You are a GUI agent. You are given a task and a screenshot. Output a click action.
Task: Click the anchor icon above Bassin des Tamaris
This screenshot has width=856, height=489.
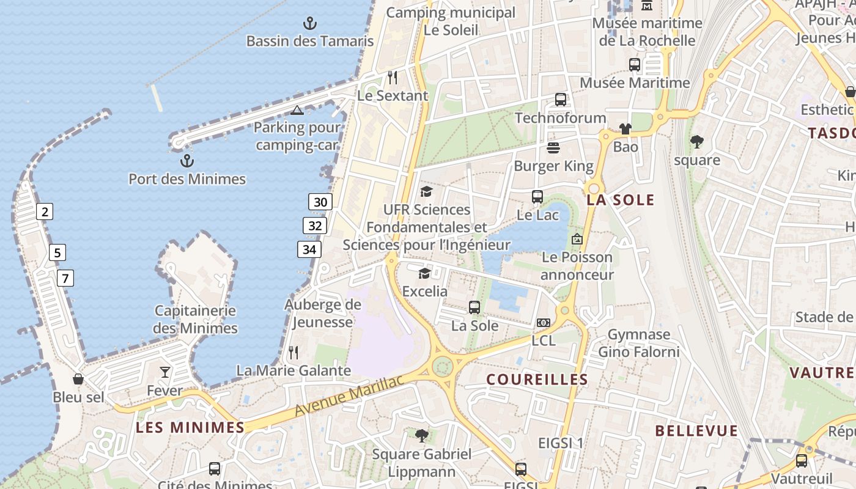coord(310,24)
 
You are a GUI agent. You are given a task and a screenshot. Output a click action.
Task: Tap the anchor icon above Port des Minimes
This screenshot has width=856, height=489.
coord(187,161)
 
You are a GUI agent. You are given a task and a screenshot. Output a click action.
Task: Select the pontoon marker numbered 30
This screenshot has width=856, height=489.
coord(320,202)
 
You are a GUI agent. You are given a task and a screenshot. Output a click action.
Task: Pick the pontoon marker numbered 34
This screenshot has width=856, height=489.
coord(309,249)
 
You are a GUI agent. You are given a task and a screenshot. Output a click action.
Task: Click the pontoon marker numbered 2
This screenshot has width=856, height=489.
coord(44,212)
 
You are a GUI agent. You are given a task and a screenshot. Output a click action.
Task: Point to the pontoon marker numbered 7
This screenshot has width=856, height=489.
coord(65,278)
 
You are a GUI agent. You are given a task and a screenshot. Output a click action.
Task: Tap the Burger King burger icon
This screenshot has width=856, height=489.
coord(553,148)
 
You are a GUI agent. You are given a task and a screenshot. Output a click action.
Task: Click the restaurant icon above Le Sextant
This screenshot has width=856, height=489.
coord(393,78)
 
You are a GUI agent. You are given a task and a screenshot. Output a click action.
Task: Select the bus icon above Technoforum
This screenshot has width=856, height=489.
coord(560,100)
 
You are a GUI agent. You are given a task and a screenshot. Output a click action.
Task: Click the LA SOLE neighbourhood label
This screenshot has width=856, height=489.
coord(620,200)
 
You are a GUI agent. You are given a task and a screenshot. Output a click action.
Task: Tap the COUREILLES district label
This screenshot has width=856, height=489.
coord(537,380)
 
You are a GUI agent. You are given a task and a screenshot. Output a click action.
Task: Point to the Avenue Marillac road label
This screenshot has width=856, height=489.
coord(349,396)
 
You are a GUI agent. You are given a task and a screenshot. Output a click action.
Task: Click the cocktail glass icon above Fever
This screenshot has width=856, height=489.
coord(165,372)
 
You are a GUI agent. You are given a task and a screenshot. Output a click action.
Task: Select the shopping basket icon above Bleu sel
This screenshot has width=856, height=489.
coord(78,379)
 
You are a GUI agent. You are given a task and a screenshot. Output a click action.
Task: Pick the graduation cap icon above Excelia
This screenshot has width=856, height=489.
coord(424,273)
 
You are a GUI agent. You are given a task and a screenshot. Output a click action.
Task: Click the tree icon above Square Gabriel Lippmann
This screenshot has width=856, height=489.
coord(421,436)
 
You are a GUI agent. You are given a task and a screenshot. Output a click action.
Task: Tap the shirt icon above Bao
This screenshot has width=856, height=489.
coord(625,129)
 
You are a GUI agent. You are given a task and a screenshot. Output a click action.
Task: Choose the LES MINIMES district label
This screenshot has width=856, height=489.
coord(190,427)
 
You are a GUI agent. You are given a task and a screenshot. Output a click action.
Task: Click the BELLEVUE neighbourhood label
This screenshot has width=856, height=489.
coord(696,431)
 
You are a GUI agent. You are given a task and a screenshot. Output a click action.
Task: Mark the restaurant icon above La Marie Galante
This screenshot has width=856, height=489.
coord(293,352)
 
